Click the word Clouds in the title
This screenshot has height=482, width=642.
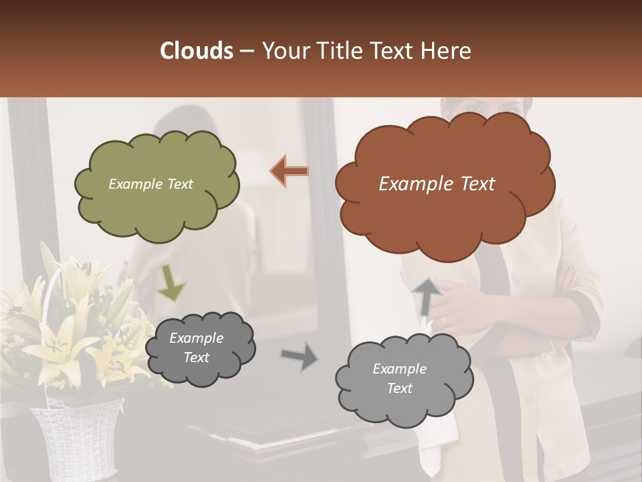click(197, 51)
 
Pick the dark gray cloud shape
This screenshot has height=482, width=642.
click(199, 348)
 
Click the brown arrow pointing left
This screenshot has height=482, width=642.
click(290, 171)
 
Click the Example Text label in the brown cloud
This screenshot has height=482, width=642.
click(437, 183)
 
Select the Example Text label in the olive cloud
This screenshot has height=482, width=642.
click(150, 184)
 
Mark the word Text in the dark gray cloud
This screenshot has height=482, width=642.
click(196, 357)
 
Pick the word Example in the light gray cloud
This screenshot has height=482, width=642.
click(399, 369)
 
